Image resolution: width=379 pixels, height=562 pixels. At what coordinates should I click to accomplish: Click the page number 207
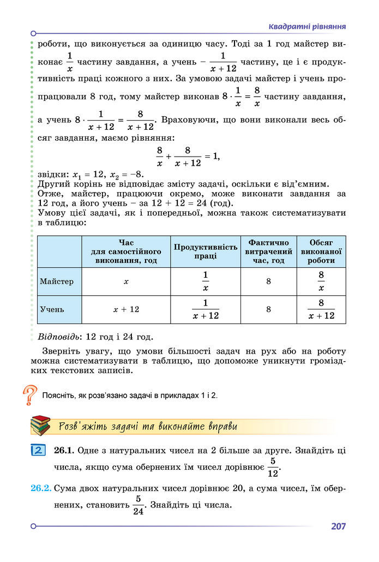click(338, 527)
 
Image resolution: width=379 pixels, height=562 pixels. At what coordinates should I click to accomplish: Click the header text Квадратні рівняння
click(308, 27)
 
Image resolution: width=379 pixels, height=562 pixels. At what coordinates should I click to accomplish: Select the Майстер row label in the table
click(57, 282)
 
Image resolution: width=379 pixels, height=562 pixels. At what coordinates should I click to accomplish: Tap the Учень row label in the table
click(52, 309)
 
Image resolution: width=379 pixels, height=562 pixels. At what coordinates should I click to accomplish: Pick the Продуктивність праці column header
click(206, 252)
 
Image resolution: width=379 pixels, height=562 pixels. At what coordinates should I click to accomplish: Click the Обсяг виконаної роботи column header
click(321, 252)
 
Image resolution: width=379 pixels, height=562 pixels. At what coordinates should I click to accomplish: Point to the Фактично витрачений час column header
click(269, 252)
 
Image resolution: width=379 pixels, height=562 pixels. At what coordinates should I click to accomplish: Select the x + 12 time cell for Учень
click(126, 309)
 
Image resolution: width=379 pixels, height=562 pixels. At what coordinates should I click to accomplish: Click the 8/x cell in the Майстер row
click(321, 282)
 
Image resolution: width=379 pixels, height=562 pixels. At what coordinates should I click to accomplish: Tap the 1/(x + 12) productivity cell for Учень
click(206, 309)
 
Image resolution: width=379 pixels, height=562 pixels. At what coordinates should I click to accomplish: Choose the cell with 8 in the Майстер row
click(269, 282)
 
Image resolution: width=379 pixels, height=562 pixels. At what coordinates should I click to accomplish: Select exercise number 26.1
click(64, 451)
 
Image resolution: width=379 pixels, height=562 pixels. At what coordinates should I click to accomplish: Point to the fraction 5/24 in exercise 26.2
click(139, 505)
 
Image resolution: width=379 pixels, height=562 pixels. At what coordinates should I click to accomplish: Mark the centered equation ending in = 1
click(188, 157)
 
